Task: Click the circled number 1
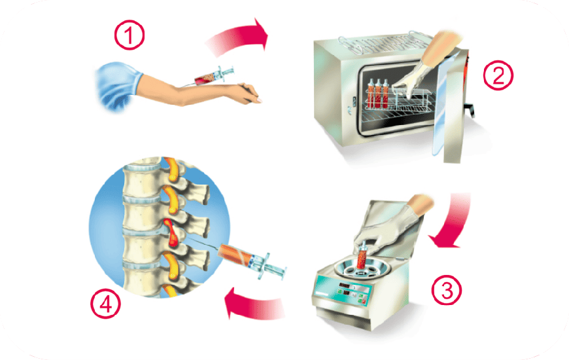129,35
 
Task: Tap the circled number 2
498,75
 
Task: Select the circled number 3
446,290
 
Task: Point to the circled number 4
105,304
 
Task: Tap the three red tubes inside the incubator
378,94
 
